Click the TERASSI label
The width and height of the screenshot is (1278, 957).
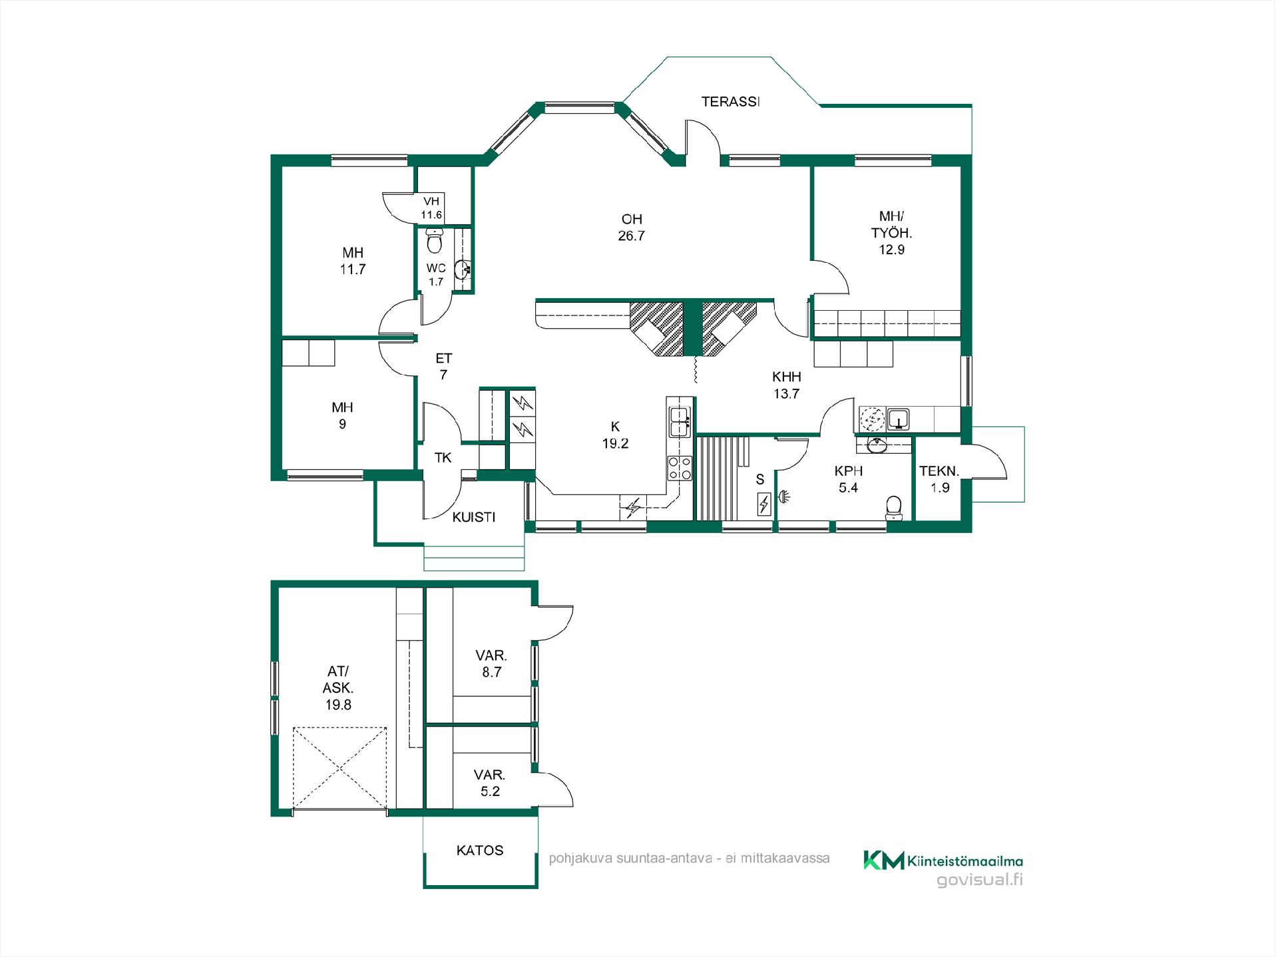click(730, 102)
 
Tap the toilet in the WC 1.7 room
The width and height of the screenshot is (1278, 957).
click(434, 240)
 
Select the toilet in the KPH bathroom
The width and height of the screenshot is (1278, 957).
click(894, 508)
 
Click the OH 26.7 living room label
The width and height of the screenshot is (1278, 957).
click(632, 227)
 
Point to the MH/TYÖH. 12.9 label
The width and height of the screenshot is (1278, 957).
click(891, 233)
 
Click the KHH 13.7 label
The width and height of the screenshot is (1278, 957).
click(786, 385)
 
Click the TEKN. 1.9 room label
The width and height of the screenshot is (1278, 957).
click(939, 479)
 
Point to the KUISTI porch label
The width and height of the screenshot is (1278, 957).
click(474, 517)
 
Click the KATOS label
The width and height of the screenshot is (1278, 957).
click(480, 850)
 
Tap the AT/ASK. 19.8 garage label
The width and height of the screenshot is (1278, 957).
click(338, 688)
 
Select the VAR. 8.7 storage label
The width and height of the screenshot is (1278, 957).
click(492, 664)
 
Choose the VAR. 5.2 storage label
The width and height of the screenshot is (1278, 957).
click(490, 783)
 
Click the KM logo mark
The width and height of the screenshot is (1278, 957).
click(884, 860)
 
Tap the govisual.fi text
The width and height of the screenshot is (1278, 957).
click(979, 880)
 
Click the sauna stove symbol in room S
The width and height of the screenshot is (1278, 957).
click(763, 504)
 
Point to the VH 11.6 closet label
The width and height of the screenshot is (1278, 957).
click(431, 208)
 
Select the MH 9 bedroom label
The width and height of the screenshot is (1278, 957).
click(342, 415)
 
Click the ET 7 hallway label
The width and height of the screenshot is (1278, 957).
click(443, 367)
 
